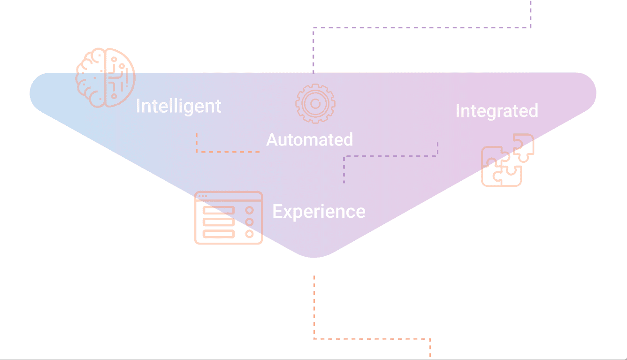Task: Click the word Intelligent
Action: [x=179, y=107]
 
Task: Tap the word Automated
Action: [x=310, y=139]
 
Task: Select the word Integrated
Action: [x=497, y=111]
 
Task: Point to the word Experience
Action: [x=319, y=212]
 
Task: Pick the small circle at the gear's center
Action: [x=315, y=104]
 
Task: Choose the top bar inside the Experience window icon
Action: [x=219, y=210]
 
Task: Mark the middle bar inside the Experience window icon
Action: [x=219, y=222]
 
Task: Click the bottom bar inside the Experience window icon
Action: [x=219, y=234]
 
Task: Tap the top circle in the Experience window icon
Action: [x=249, y=210]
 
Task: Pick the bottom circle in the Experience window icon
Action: [x=249, y=234]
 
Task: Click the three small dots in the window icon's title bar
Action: [x=203, y=196]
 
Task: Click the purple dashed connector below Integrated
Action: [x=390, y=156]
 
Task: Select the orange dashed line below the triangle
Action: [x=364, y=339]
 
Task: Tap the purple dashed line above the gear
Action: [x=420, y=27]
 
